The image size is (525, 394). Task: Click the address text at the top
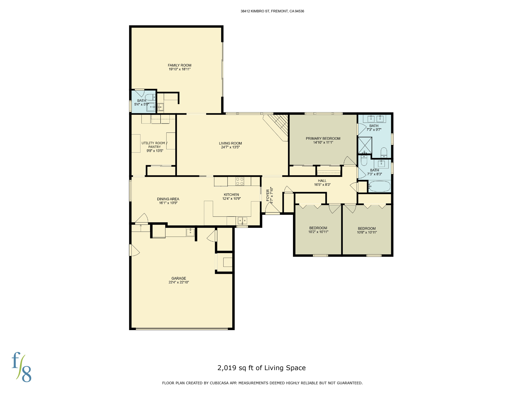pyautogui.click(x=272, y=11)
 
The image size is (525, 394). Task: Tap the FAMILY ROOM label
pyautogui.click(x=179, y=65)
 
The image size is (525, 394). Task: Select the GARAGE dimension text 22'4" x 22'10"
pyautogui.click(x=179, y=282)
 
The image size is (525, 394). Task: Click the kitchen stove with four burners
pyautogui.click(x=240, y=181)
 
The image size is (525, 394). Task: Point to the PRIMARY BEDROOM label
pyautogui.click(x=323, y=139)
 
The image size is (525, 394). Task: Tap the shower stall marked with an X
pyautogui.click(x=365, y=145)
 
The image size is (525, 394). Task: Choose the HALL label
pyautogui.click(x=322, y=181)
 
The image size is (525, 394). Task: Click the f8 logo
pyautogui.click(x=22, y=367)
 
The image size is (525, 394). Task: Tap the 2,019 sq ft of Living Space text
pyautogui.click(x=261, y=368)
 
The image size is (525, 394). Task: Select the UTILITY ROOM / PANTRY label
pyautogui.click(x=154, y=145)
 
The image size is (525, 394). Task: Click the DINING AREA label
pyautogui.click(x=168, y=199)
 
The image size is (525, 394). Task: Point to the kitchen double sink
pyautogui.click(x=242, y=220)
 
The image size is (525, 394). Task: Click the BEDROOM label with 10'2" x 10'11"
pyautogui.click(x=318, y=228)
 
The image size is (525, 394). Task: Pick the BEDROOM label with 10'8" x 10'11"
pyautogui.click(x=367, y=228)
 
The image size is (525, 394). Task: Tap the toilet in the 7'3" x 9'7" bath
pyautogui.click(x=384, y=152)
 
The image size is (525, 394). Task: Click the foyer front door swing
pyautogui.click(x=272, y=208)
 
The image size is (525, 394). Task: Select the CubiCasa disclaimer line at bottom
pyautogui.click(x=262, y=383)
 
